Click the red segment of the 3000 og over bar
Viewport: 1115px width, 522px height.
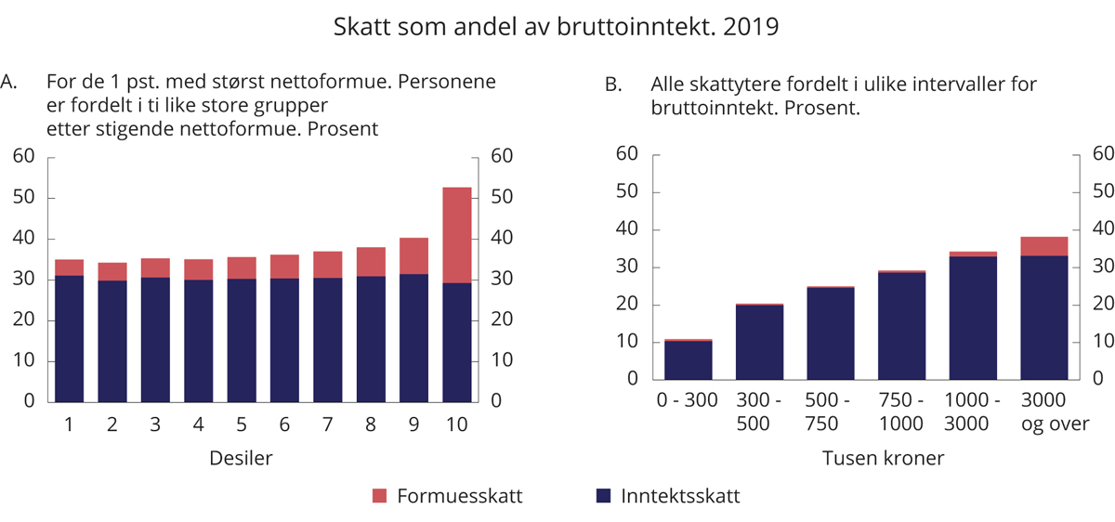(x=1043, y=245)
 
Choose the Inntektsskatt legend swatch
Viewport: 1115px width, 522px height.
(x=602, y=496)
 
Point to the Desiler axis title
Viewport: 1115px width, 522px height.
(x=240, y=458)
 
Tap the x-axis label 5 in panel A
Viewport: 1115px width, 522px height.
(x=241, y=424)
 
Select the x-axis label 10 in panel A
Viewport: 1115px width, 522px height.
(x=456, y=424)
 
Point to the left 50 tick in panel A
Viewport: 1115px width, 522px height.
(x=23, y=198)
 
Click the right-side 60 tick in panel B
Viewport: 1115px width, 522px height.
(x=1101, y=154)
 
